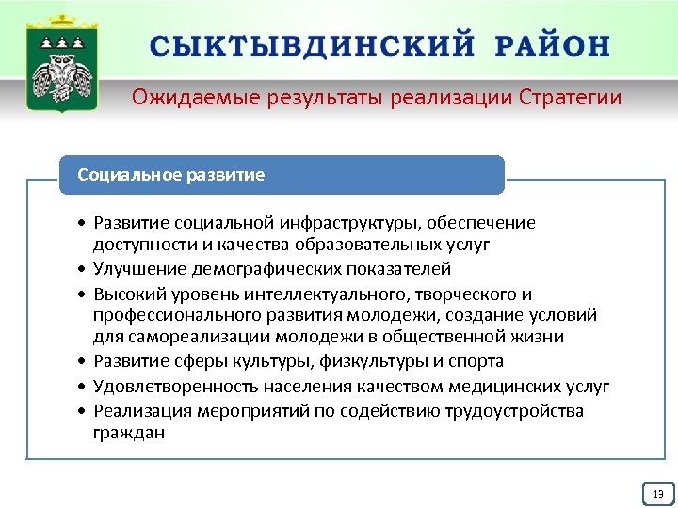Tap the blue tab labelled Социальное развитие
(282, 175)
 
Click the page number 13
(657, 494)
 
